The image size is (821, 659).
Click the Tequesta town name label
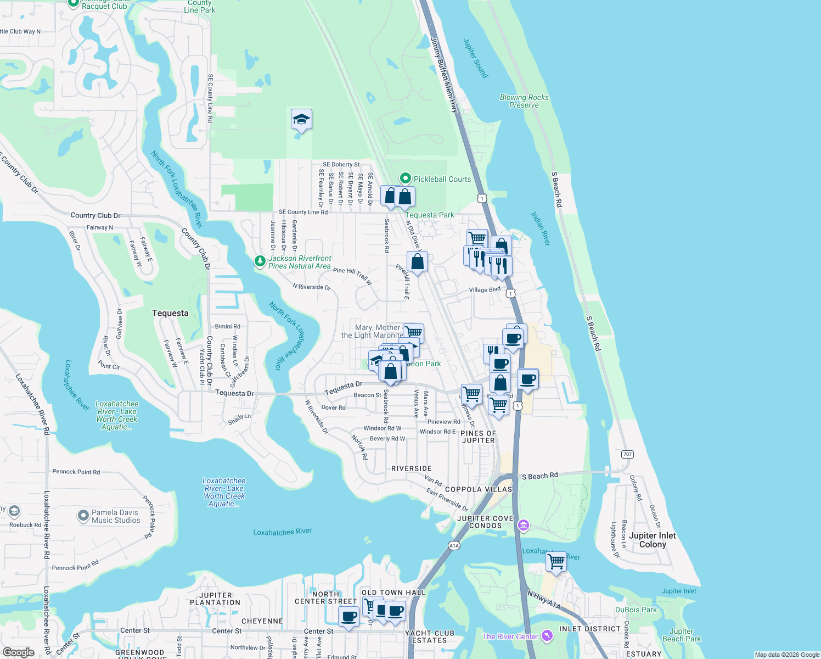170,313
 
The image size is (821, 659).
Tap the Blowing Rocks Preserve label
524,101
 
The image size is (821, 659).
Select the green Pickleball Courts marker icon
406,178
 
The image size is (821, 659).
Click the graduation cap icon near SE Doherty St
301,119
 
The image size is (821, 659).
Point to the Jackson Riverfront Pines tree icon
260,262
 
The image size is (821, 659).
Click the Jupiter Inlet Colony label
652,540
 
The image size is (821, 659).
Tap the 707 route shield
627,454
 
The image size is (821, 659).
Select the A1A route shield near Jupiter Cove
454,545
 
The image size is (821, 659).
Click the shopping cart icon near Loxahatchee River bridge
556,562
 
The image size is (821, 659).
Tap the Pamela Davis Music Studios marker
83,516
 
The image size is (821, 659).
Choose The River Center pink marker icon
547,636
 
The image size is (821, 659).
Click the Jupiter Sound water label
475,58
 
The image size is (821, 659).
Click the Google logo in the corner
18,652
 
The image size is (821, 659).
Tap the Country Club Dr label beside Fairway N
95,215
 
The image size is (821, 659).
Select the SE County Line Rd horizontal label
303,212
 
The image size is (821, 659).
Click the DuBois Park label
636,610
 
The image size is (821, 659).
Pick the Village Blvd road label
485,289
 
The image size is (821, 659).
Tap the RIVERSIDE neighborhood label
412,468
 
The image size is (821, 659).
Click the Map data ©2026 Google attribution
787,655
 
